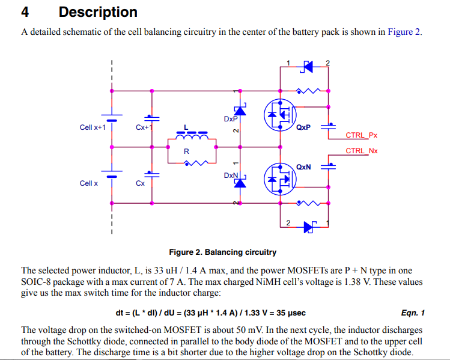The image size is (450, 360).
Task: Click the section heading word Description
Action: (98, 12)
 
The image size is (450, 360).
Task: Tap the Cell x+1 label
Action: (93, 127)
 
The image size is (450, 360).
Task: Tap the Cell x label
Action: (88, 183)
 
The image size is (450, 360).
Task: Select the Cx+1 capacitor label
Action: (144, 127)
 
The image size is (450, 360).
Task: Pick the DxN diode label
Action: (231, 175)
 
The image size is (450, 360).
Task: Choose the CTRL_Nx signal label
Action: (361, 151)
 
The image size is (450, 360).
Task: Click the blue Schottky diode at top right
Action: (307, 66)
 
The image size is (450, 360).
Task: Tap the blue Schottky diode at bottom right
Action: (309, 227)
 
